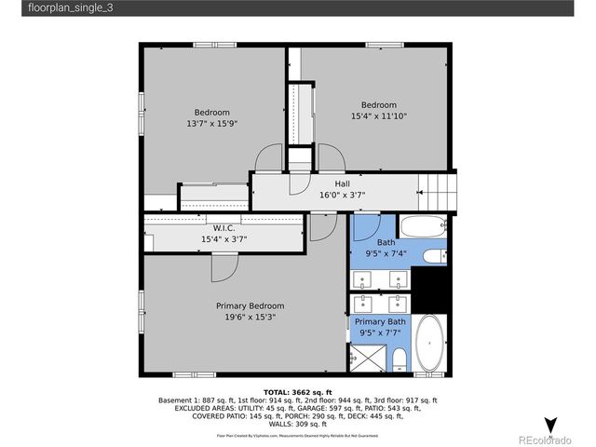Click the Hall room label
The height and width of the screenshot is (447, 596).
343,184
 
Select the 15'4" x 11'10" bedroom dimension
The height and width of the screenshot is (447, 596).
379,116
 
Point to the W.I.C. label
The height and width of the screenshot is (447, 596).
223,228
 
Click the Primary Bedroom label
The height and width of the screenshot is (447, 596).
250,305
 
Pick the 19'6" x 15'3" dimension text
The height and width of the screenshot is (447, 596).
250,317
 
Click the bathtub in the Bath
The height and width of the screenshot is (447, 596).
424,226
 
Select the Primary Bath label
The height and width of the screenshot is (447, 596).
380,321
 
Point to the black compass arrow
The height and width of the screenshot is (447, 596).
550,427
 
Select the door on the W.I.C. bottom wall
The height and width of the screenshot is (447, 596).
224,266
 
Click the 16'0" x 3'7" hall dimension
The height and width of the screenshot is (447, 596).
343,196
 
